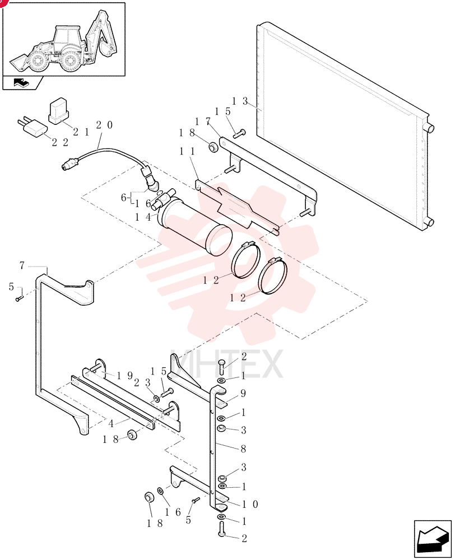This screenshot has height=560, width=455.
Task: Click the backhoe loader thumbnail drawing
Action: point(63,42)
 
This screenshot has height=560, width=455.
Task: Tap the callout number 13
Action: point(239,101)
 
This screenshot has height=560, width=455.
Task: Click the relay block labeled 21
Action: point(58,111)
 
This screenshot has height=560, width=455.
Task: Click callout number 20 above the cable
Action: point(104,125)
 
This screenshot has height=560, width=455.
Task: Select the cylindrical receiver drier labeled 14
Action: point(195,227)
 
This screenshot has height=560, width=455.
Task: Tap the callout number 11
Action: point(187,152)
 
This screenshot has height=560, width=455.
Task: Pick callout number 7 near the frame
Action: point(22,265)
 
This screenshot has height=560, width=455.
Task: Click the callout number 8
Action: point(243,449)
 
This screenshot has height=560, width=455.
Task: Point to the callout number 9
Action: point(243,394)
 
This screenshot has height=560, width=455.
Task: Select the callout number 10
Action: point(250,505)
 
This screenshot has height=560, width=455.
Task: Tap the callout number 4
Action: point(111,424)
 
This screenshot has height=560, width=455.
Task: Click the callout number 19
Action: point(125,376)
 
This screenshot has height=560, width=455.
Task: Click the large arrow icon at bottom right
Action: point(433,539)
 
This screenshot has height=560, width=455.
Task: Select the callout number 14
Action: point(143,217)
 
